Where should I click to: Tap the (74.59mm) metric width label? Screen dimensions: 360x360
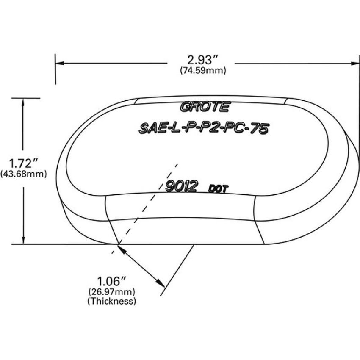(203, 70)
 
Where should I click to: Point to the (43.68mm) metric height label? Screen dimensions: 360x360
(24, 174)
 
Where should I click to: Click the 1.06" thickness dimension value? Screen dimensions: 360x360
(112, 281)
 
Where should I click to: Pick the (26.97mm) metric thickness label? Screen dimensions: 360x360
(112, 292)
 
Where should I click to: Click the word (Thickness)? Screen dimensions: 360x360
(112, 301)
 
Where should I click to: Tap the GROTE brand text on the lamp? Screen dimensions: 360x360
(205, 107)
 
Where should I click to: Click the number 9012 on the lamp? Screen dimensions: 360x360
(181, 186)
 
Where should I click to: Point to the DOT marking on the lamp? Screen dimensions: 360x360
(219, 189)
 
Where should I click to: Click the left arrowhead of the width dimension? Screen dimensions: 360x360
(60, 63)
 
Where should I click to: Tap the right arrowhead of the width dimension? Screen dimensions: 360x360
(355, 63)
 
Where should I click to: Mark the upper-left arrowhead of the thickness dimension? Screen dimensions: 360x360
(122, 249)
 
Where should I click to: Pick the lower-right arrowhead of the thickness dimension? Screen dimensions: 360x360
(161, 283)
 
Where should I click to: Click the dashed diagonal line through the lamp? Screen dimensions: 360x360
(144, 209)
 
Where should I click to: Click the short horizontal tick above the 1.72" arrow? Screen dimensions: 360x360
(26, 98)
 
